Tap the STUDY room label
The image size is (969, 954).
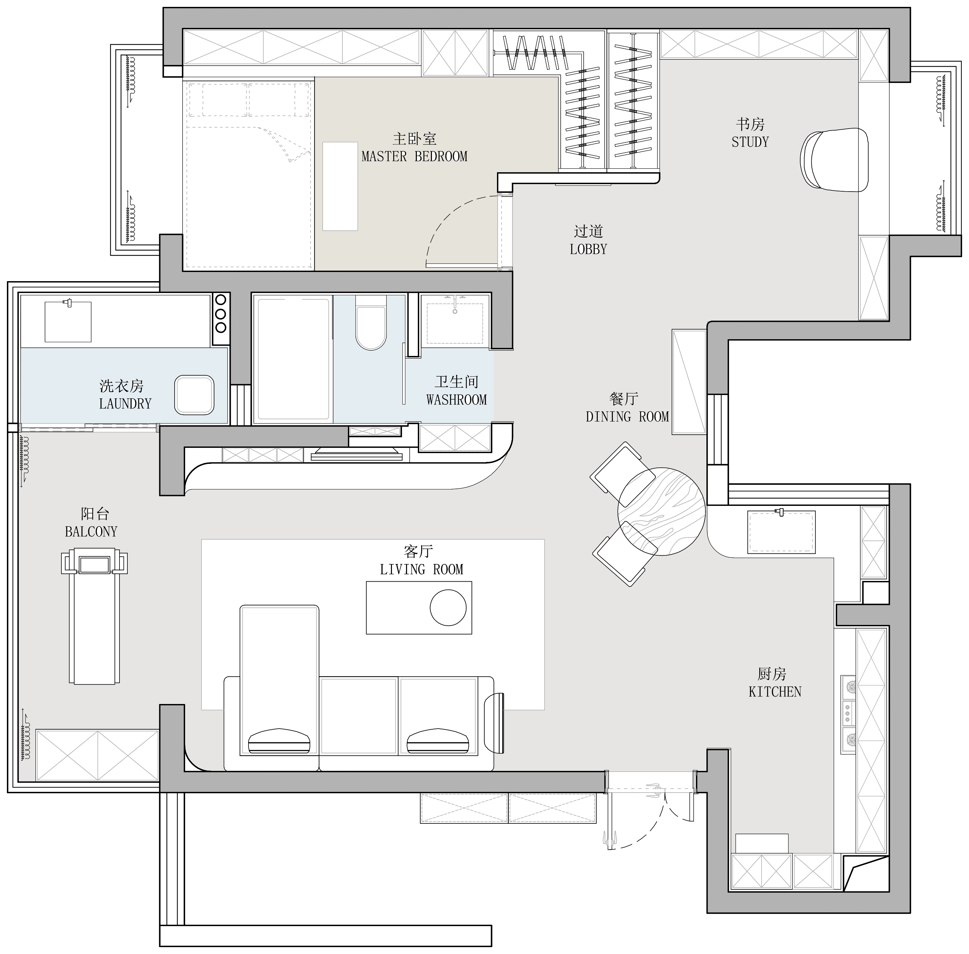click(x=750, y=142)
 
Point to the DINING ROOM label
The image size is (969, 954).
click(x=627, y=416)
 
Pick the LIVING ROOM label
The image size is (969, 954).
click(x=421, y=569)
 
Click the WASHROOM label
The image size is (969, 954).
click(x=456, y=399)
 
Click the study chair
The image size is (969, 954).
click(x=834, y=160)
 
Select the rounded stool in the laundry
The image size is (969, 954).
click(x=194, y=395)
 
